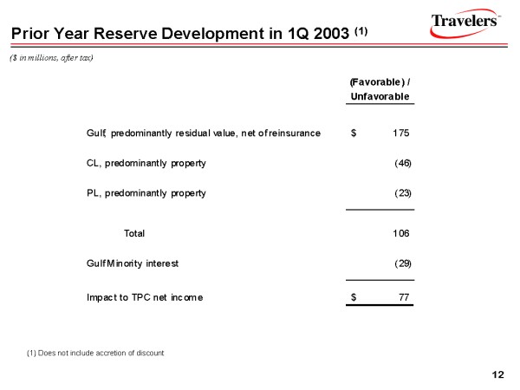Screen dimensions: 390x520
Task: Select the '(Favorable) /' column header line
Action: point(380,81)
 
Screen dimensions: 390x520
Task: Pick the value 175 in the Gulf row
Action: point(400,133)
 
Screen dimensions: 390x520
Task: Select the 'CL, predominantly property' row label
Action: point(146,163)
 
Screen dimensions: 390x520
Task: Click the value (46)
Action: point(402,163)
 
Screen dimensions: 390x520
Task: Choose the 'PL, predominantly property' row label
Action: point(146,193)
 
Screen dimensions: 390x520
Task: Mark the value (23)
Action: point(402,193)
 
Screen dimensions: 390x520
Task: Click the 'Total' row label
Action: point(135,232)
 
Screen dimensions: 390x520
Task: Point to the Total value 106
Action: point(400,232)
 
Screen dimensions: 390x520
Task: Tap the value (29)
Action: point(402,263)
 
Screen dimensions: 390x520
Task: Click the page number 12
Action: point(497,374)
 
